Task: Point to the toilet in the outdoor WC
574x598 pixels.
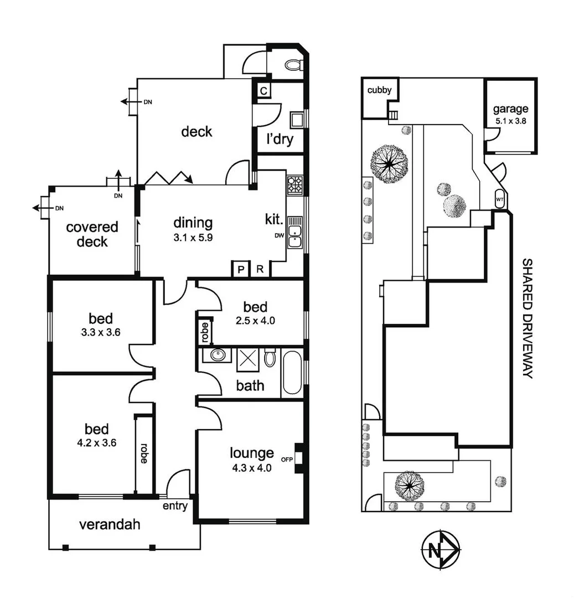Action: (293, 65)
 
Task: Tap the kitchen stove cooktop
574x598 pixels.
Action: (294, 184)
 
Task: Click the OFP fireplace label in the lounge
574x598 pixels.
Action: (287, 459)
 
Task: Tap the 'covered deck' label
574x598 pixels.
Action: (92, 234)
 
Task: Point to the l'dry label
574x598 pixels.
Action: (280, 140)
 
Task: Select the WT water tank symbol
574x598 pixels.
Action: (499, 199)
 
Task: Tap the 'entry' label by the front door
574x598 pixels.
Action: (175, 506)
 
